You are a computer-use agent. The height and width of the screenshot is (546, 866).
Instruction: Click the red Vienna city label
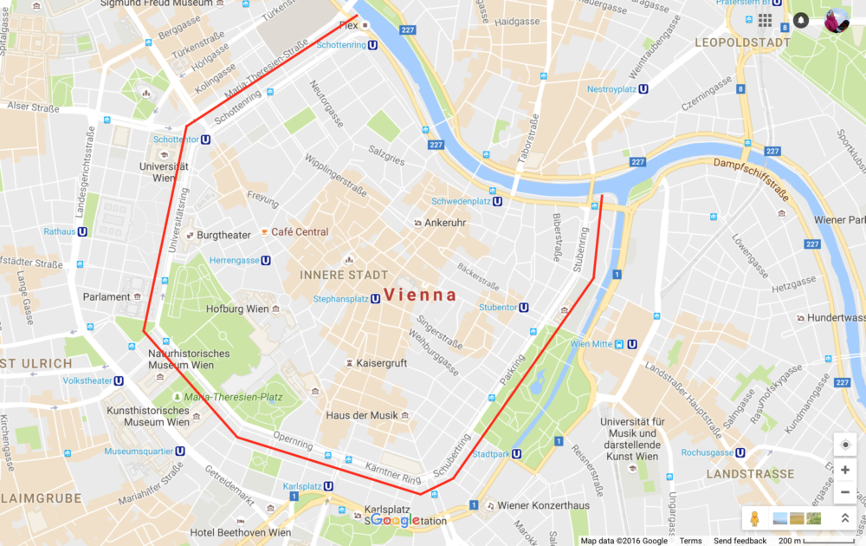pos(420,295)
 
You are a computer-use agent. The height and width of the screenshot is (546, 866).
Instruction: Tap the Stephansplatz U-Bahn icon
pos(376,299)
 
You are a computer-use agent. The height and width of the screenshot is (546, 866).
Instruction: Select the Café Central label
pos(300,232)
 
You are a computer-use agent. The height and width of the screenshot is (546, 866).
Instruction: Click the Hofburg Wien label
pos(238,309)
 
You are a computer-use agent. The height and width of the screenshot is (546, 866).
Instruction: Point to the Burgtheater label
pos(223,235)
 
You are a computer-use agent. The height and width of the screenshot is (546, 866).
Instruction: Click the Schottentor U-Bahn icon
pos(205,139)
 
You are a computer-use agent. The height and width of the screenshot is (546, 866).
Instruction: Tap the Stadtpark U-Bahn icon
pos(516,453)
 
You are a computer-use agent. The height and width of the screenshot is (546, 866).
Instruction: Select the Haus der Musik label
pos(362,415)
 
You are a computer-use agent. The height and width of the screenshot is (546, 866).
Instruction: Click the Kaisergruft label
pos(381,363)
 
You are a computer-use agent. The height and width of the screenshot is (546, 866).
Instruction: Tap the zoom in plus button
pos(845,470)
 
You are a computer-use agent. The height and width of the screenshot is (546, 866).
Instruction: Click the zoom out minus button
pos(845,492)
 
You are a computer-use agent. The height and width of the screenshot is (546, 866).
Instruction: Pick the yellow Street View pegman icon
pos(754,518)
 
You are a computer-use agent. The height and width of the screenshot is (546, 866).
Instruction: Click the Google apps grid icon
pos(766,20)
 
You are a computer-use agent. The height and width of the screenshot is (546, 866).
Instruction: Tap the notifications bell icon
pos(801,20)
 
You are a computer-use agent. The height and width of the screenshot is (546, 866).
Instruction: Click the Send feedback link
pos(740,541)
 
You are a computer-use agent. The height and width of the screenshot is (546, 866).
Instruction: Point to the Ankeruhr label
pos(445,223)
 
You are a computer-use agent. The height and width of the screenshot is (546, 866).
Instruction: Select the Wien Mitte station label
pos(590,343)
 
